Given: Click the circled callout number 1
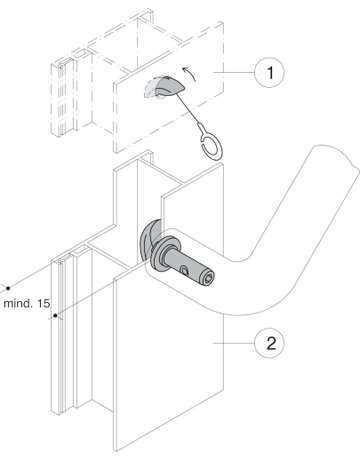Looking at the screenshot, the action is coord(269,72).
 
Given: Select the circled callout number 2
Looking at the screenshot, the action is coord(269,343).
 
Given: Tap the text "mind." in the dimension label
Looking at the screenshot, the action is coord(16,303).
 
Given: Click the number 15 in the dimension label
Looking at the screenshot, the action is coord(42,303).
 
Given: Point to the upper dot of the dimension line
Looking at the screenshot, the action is coord(8,288).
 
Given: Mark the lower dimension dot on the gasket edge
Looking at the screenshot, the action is coord(55,315).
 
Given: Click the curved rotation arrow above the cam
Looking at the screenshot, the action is coord(189,73).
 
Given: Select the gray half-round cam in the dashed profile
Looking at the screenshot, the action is coord(166,86).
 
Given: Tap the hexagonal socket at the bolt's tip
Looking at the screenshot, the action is coord(208,278).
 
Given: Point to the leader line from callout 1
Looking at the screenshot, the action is coord(234,72).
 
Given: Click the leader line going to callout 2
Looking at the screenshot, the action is coord(234,343).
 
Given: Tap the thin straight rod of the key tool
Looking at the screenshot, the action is coord(188,108).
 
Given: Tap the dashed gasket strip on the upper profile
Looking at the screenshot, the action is coord(62,98).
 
